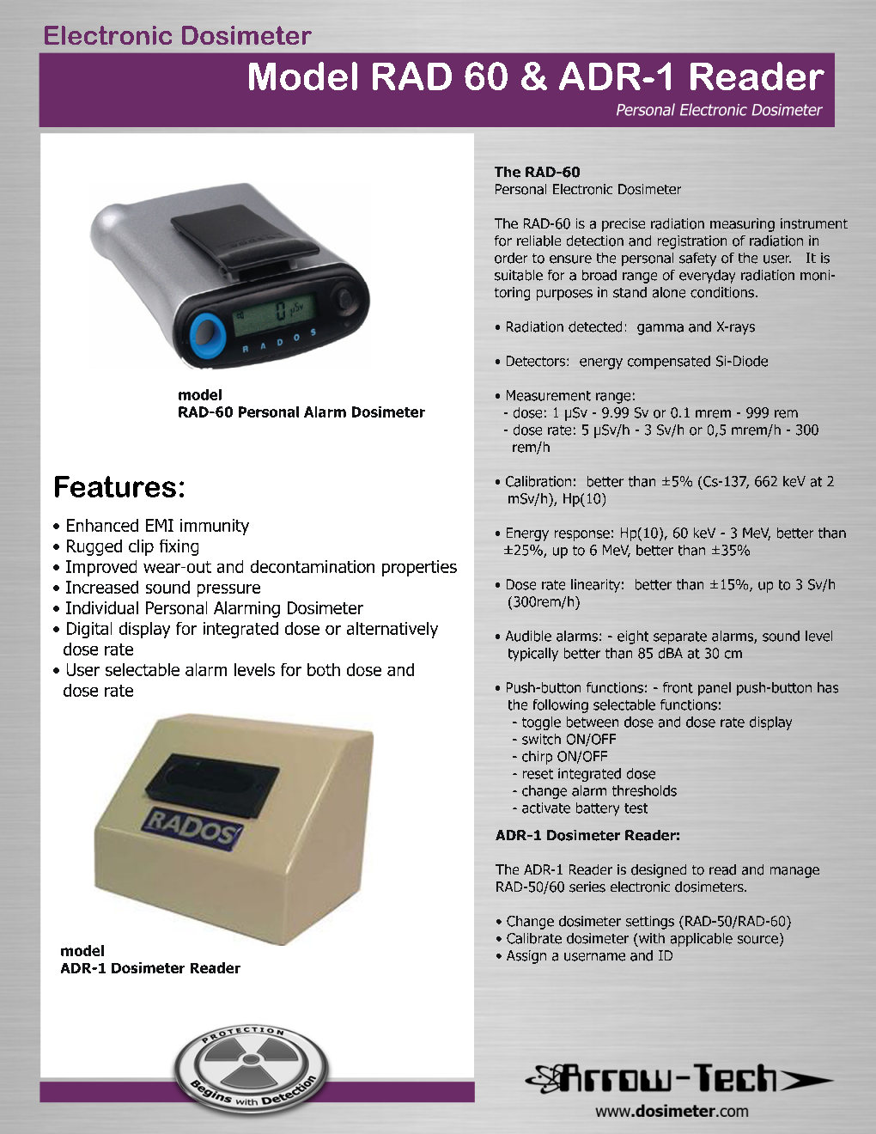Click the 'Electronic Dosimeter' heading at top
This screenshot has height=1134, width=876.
pos(177,36)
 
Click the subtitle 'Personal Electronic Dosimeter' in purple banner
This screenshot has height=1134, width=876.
pos(718,110)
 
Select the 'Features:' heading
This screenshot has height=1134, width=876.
pos(119,487)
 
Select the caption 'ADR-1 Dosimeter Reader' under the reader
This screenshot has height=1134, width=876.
pos(150,968)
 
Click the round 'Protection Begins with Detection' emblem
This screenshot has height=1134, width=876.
pos(246,1070)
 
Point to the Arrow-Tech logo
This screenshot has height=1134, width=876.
pos(678,1078)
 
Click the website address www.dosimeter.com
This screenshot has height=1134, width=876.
pos(672,1111)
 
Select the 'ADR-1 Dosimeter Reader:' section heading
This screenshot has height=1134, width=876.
pos(587,835)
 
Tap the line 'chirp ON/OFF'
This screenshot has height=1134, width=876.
pos(564,757)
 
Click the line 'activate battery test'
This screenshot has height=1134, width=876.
pos(584,808)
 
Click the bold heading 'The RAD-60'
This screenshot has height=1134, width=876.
pos(537,172)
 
